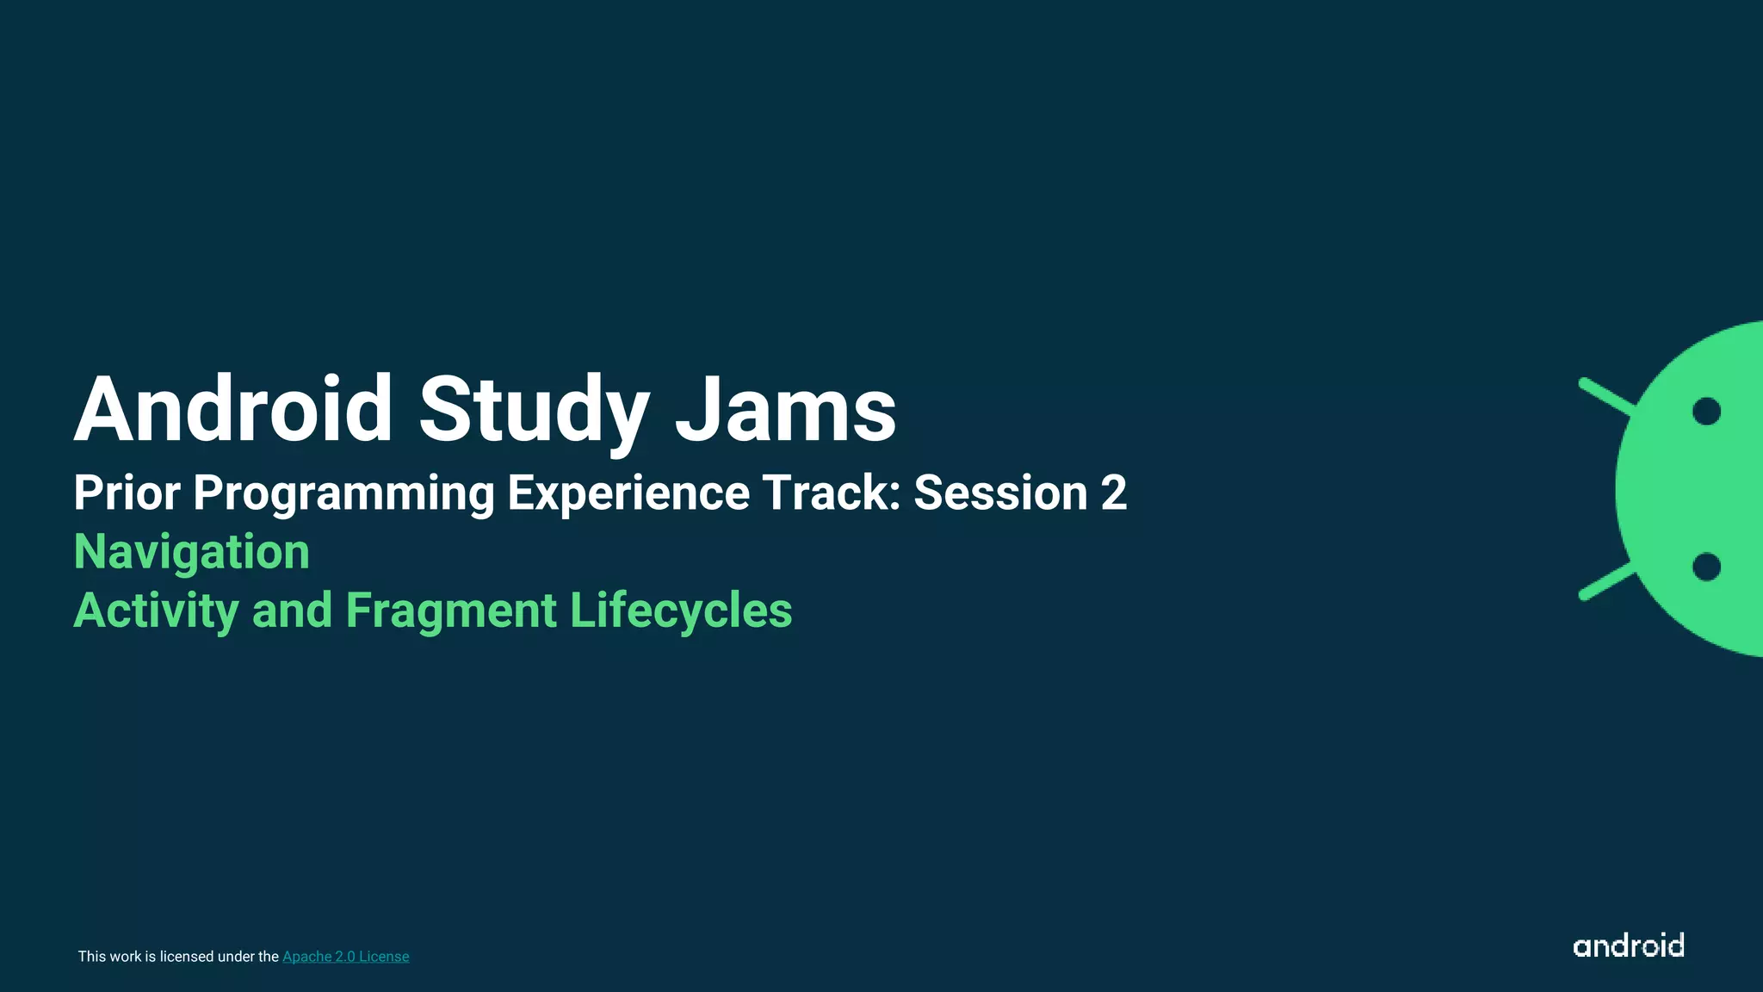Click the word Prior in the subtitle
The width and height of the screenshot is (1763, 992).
coord(127,493)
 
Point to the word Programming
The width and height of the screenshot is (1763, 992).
coord(343,494)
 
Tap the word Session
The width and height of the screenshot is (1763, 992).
coord(1000,493)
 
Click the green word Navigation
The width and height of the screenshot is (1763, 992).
coord(192,552)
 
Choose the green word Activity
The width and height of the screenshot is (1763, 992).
coord(156,611)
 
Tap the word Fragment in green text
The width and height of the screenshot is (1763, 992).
coord(451,611)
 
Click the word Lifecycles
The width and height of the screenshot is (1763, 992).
coord(681,611)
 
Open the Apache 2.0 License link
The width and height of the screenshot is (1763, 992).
coord(345,957)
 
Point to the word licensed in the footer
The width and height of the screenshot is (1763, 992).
coord(187,957)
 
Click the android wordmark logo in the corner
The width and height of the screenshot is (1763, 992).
coord(1628,945)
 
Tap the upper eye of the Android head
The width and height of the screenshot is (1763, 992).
coord(1706,412)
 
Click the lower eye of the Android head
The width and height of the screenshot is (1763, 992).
coord(1706,567)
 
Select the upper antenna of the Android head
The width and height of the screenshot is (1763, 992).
coord(1605,397)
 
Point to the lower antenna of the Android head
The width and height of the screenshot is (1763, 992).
coord(1605,581)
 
